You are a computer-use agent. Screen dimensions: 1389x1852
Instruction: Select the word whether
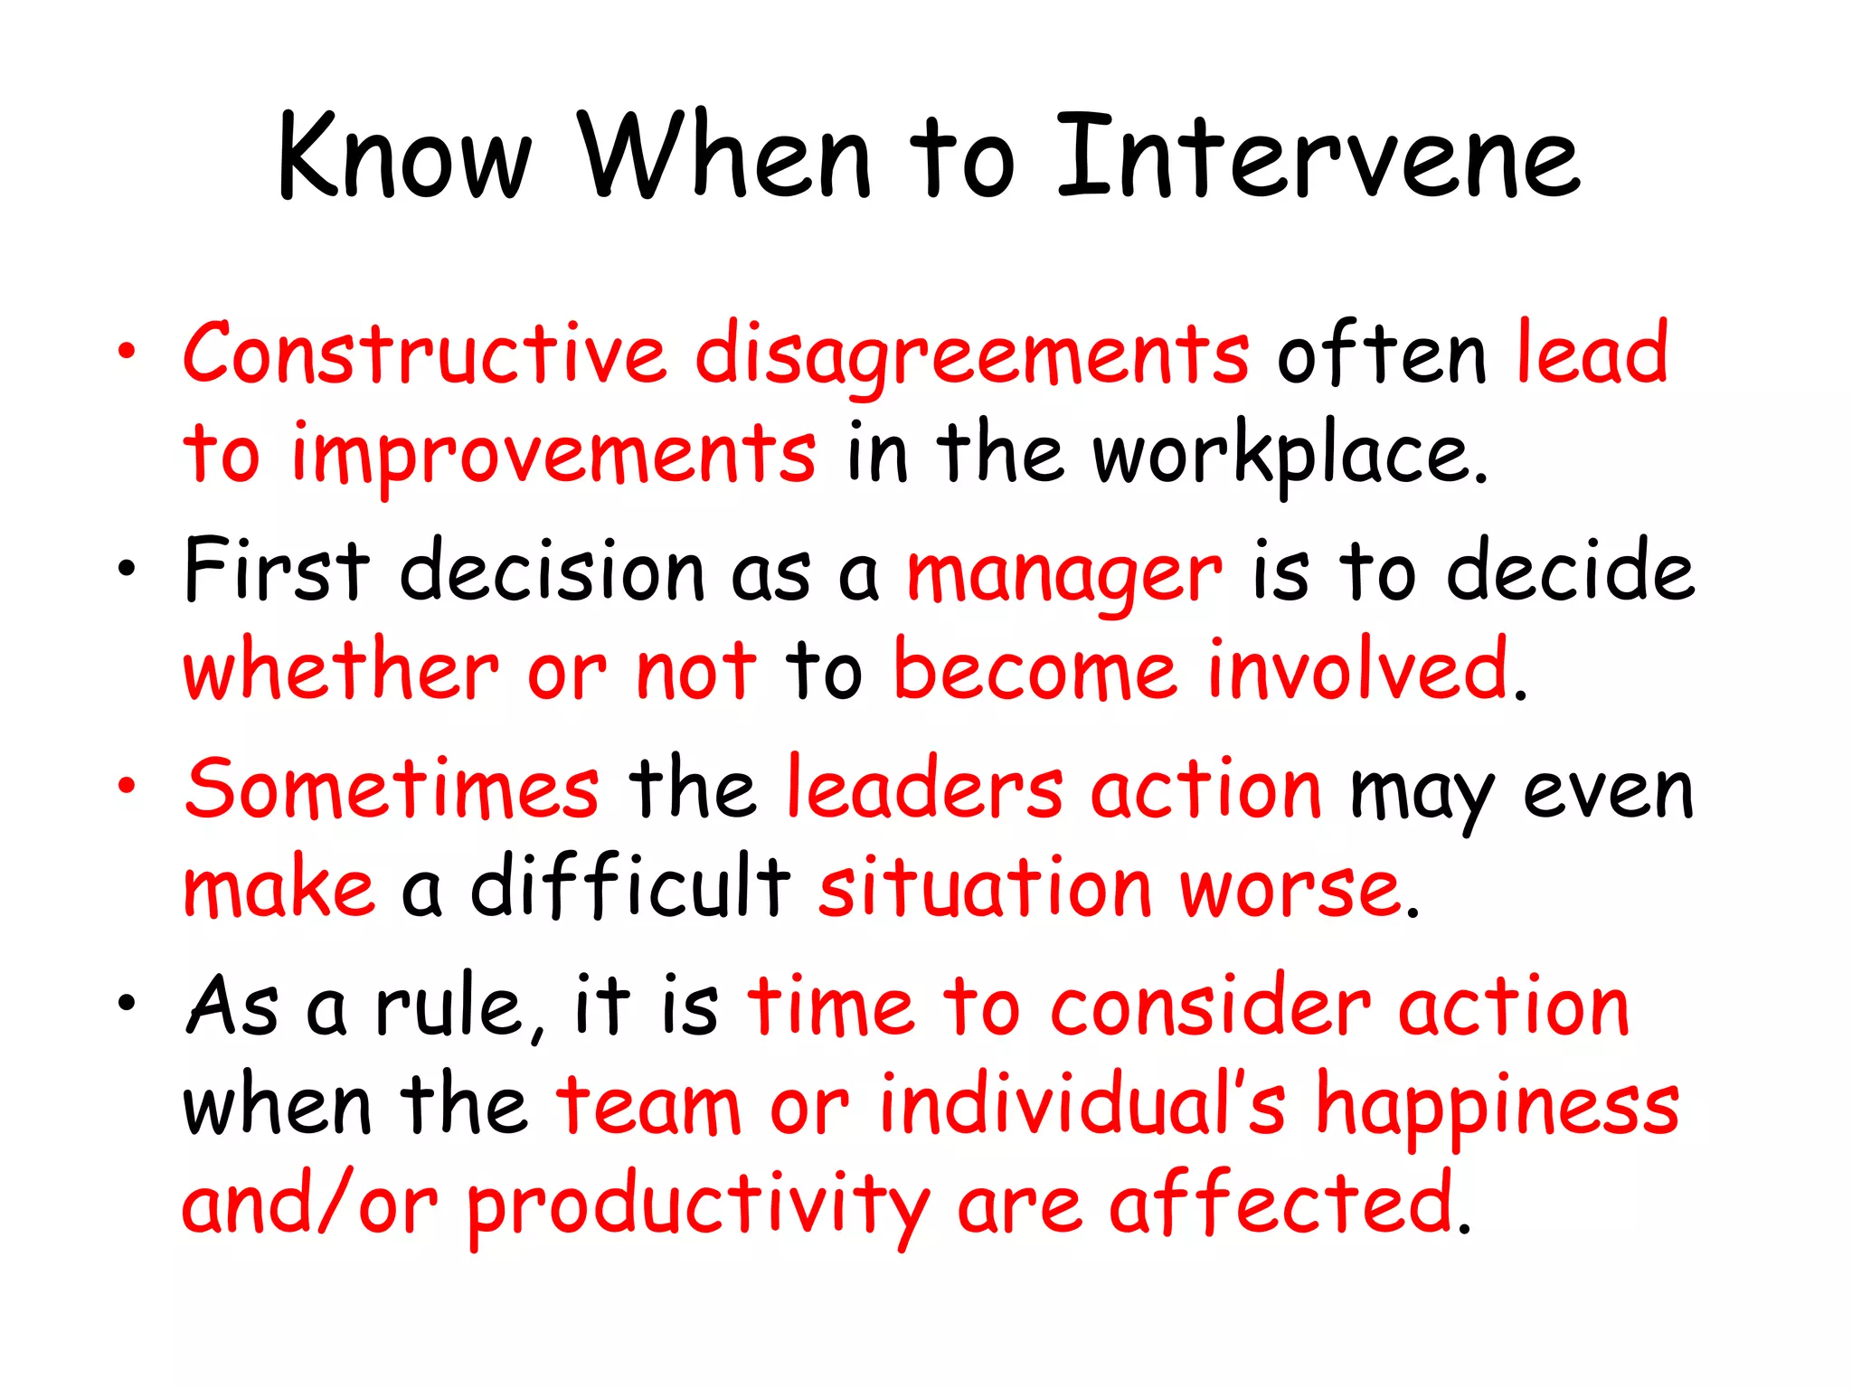[341, 671]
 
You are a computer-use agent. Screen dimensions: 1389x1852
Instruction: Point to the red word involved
[1358, 671]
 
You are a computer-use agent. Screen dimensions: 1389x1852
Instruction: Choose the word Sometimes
[392, 789]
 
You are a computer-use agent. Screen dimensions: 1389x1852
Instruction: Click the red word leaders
[924, 789]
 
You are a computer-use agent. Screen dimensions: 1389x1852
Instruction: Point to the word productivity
[697, 1208]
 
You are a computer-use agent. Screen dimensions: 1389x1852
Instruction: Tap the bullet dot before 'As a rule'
[127, 1003]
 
